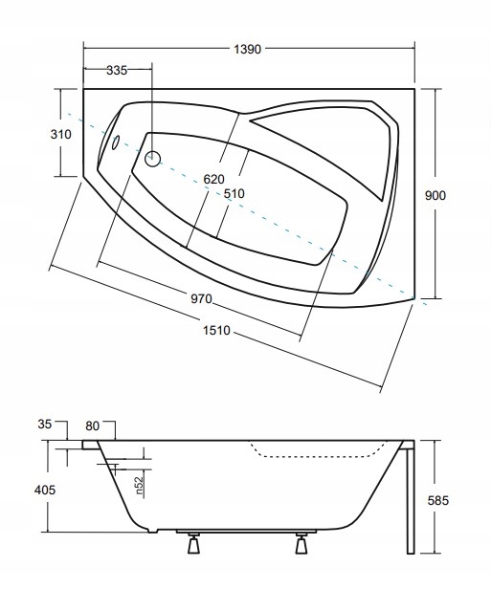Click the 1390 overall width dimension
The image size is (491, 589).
pos(247,49)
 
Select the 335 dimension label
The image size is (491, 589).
pos(117,70)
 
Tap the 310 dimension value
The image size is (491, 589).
pos(61,134)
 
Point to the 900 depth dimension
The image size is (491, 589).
pos(435,195)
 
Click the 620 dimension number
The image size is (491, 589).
pos(213,179)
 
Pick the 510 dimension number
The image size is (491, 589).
pos(234,193)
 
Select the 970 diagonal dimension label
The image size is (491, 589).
pos(202,299)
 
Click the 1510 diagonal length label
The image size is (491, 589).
pos(216,330)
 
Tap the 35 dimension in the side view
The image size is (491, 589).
pos(44,425)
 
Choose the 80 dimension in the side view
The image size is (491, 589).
pos(92,425)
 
